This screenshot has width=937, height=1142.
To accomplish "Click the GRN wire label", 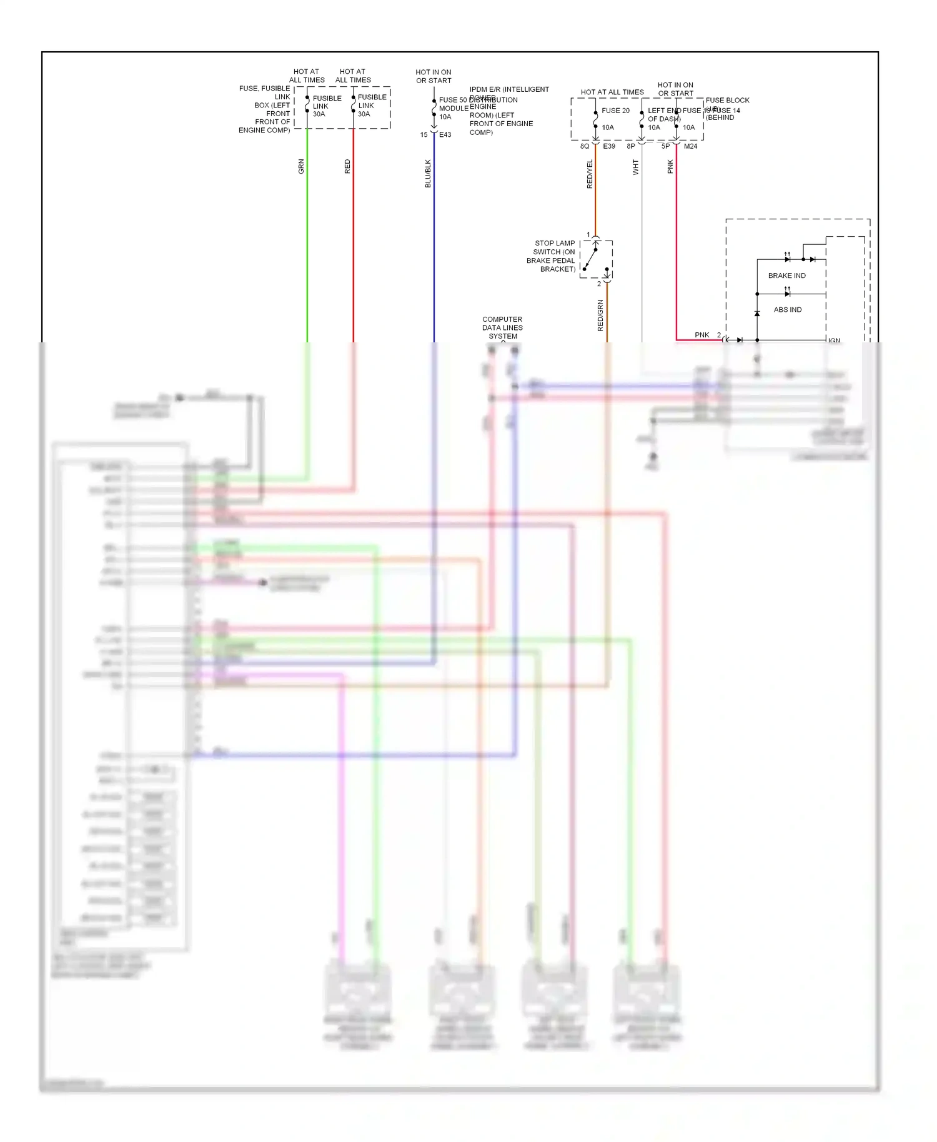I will (x=301, y=166).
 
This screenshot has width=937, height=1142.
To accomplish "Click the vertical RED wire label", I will (x=347, y=166).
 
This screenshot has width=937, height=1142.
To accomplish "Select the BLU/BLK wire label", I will (x=428, y=173).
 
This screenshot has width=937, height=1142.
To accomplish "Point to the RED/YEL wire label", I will (x=590, y=174).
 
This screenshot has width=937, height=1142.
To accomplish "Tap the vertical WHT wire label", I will (x=636, y=167).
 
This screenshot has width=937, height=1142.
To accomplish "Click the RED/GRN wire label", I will (x=600, y=315).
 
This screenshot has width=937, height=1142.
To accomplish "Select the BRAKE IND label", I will (x=786, y=276).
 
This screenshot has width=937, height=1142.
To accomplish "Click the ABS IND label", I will (x=787, y=309).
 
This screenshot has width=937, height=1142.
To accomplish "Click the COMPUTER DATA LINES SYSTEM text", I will (x=502, y=327).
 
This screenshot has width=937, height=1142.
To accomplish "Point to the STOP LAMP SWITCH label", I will (x=552, y=256).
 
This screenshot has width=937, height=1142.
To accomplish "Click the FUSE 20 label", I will (x=615, y=111).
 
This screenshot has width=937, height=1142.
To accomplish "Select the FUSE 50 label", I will (x=452, y=100).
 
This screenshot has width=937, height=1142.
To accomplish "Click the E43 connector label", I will (x=445, y=135).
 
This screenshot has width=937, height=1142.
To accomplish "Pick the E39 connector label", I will (x=609, y=146).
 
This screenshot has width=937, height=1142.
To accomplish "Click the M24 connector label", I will (x=690, y=146).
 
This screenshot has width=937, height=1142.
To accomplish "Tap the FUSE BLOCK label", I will (x=727, y=100).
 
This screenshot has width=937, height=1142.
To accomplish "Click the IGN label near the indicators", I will (x=834, y=340).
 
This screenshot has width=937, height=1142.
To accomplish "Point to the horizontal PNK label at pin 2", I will (x=702, y=335).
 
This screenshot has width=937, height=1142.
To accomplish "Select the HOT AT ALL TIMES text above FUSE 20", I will (x=612, y=92).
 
